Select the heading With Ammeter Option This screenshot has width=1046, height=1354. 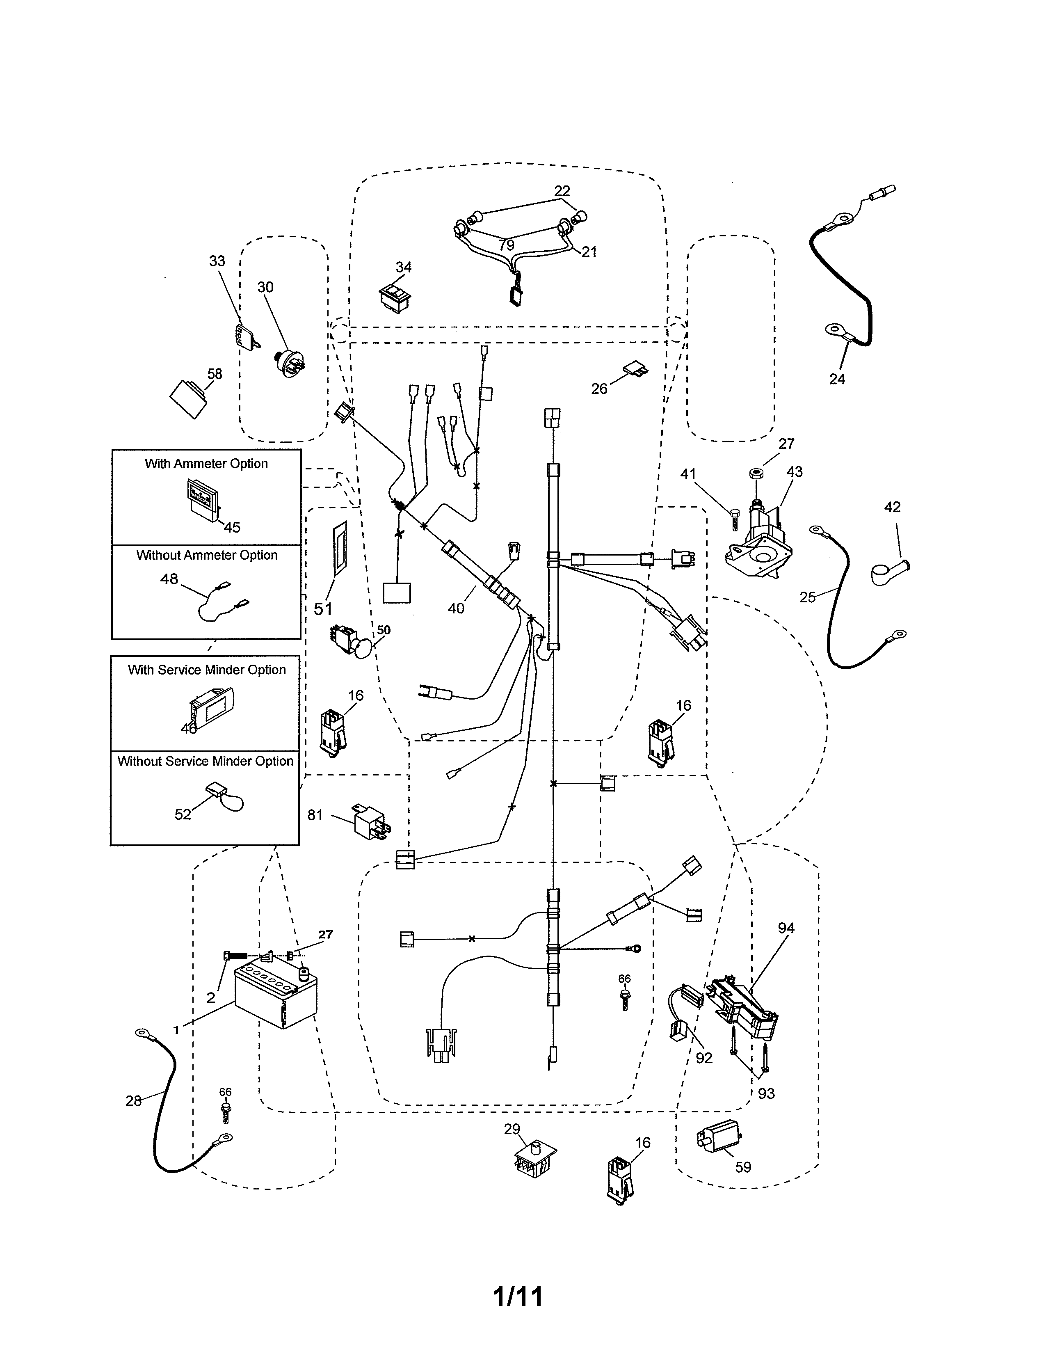tap(206, 464)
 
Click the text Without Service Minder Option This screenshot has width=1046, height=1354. tap(205, 761)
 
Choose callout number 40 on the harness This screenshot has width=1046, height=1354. tap(456, 609)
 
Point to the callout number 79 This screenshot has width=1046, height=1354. tap(506, 245)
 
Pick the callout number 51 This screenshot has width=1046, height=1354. tap(323, 609)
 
